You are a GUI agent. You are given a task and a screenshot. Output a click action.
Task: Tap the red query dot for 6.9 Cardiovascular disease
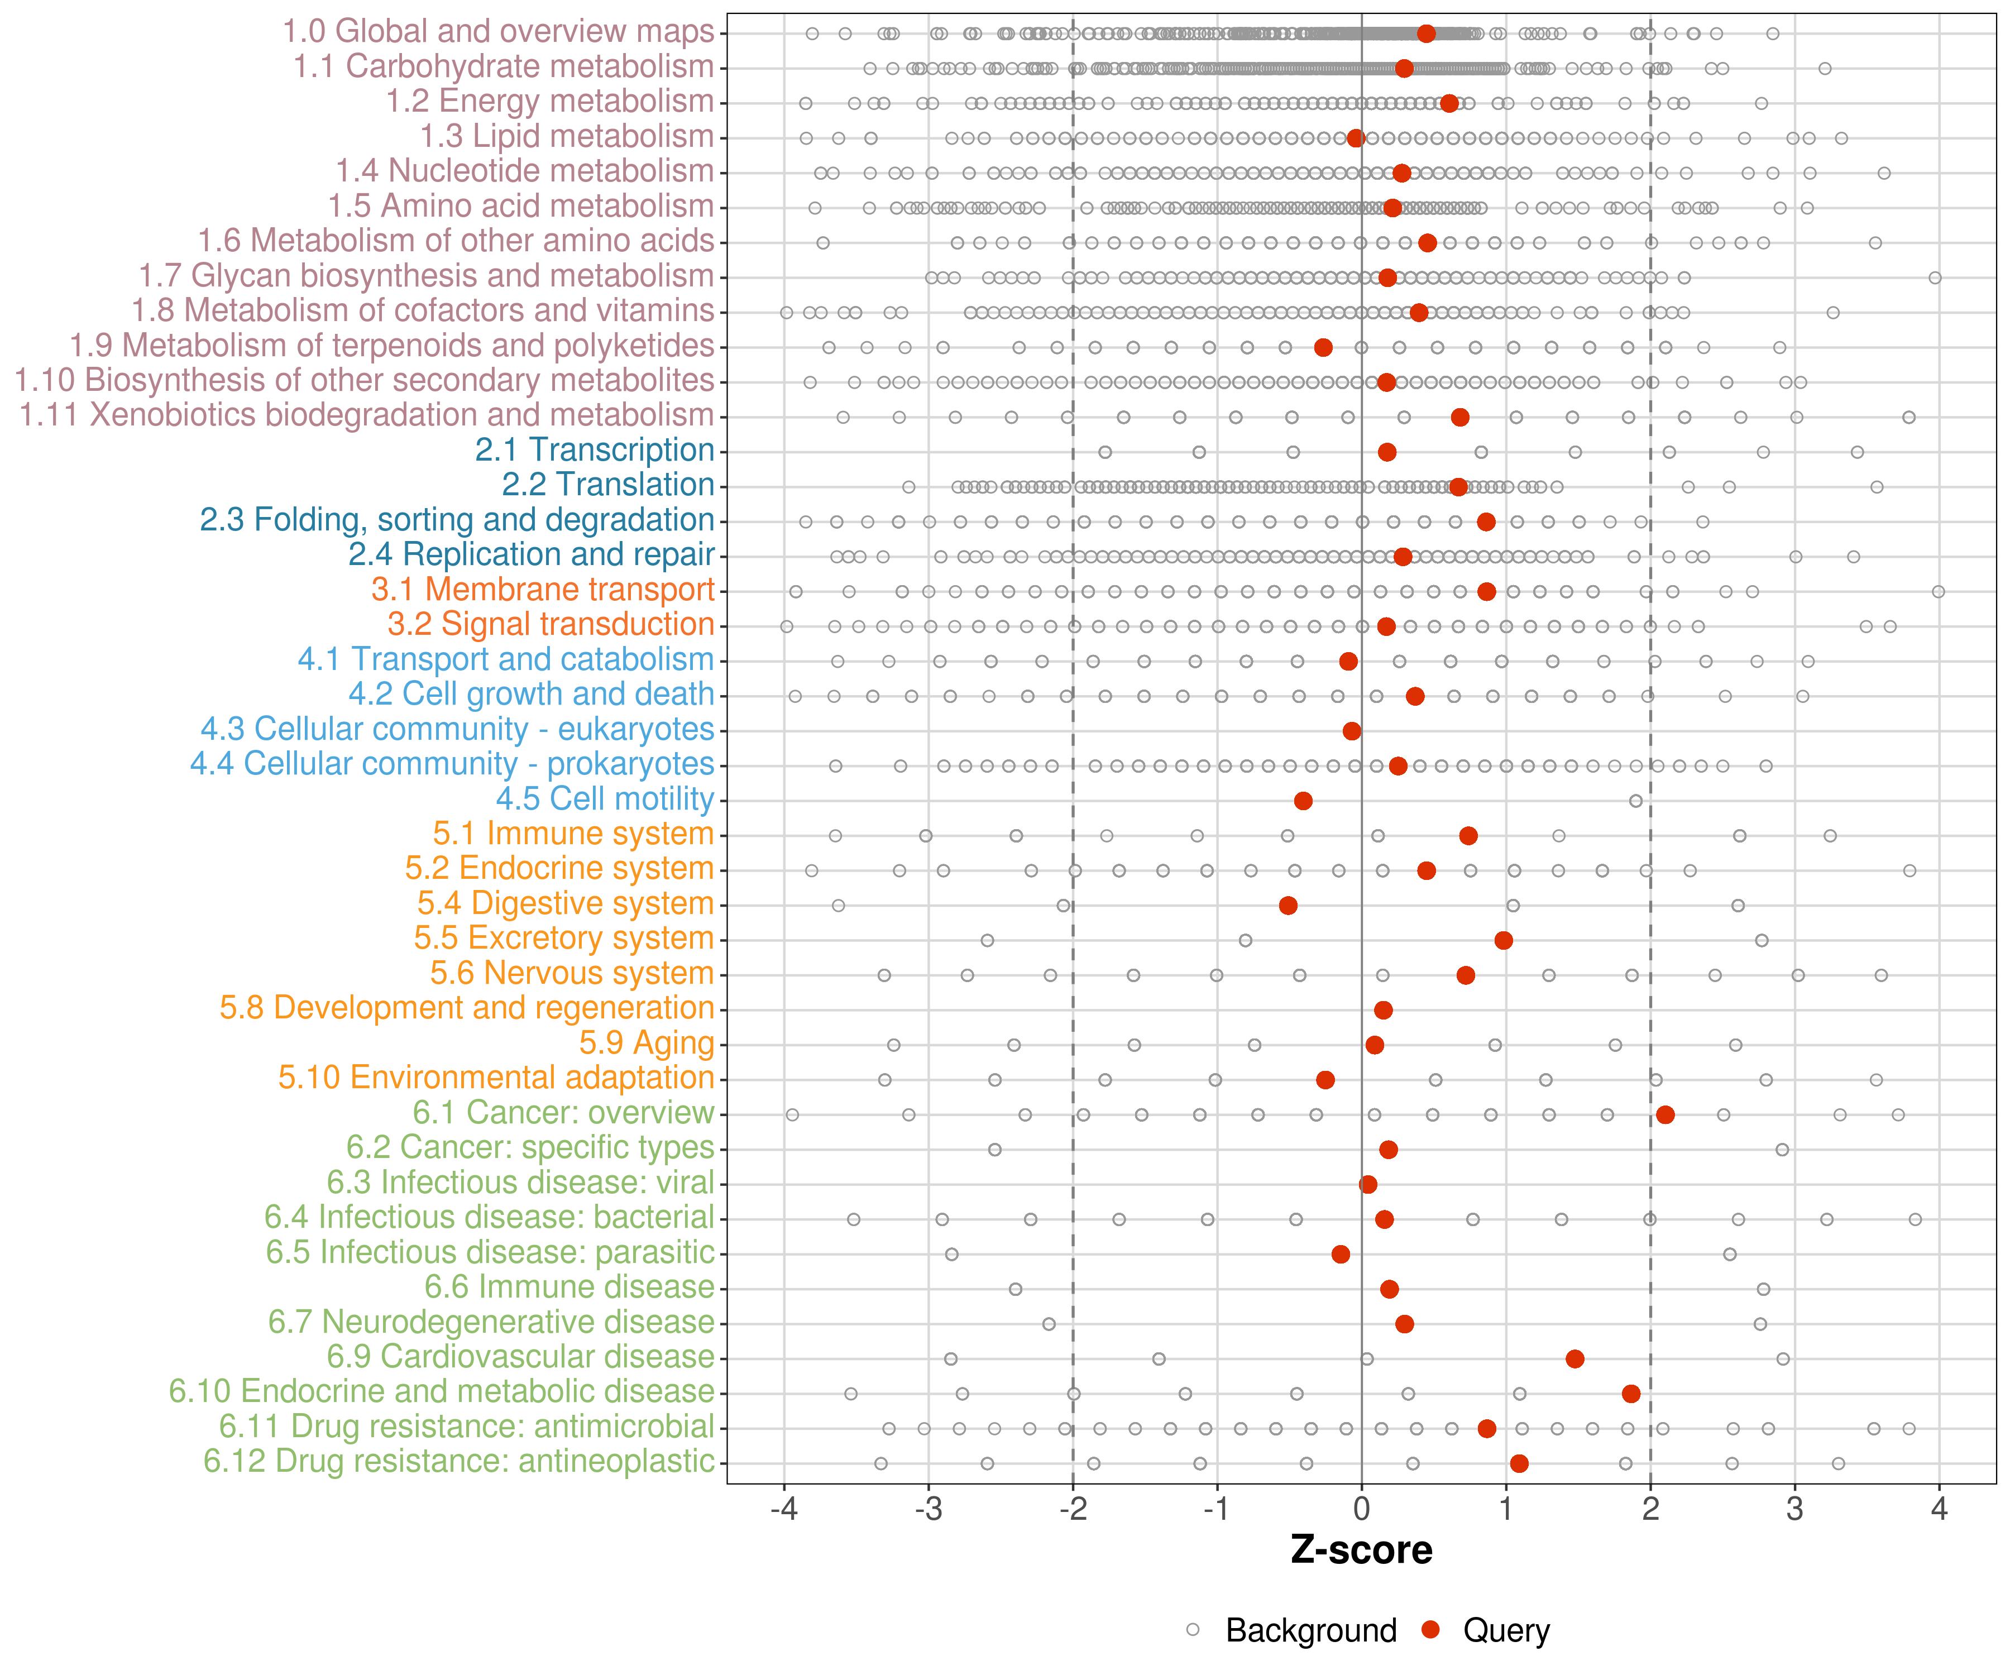click(1574, 1358)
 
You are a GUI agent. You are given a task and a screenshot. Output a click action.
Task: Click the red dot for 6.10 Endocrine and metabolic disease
click(1631, 1394)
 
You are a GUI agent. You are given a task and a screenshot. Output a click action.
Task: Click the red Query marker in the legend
click(1431, 1629)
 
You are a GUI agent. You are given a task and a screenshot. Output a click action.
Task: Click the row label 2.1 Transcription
click(595, 450)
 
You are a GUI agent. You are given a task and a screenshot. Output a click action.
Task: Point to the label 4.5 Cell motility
click(605, 798)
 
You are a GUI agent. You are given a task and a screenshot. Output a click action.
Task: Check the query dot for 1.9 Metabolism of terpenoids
click(1323, 347)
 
